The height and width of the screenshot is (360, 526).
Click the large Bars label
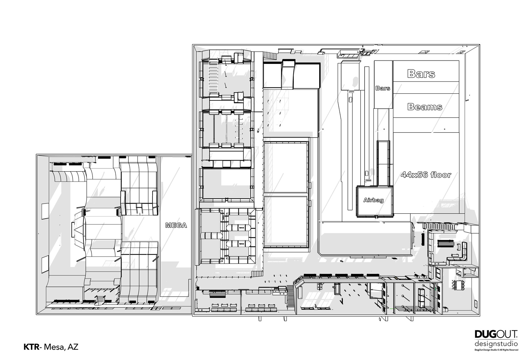pos(421,74)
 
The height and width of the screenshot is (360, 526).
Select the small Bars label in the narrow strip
pos(383,88)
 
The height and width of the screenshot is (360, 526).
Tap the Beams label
pos(425,107)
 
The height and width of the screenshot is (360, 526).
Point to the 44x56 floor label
pos(426,175)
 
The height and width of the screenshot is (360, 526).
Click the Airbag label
pos(373,200)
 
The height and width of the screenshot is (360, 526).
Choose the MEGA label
pos(176,226)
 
